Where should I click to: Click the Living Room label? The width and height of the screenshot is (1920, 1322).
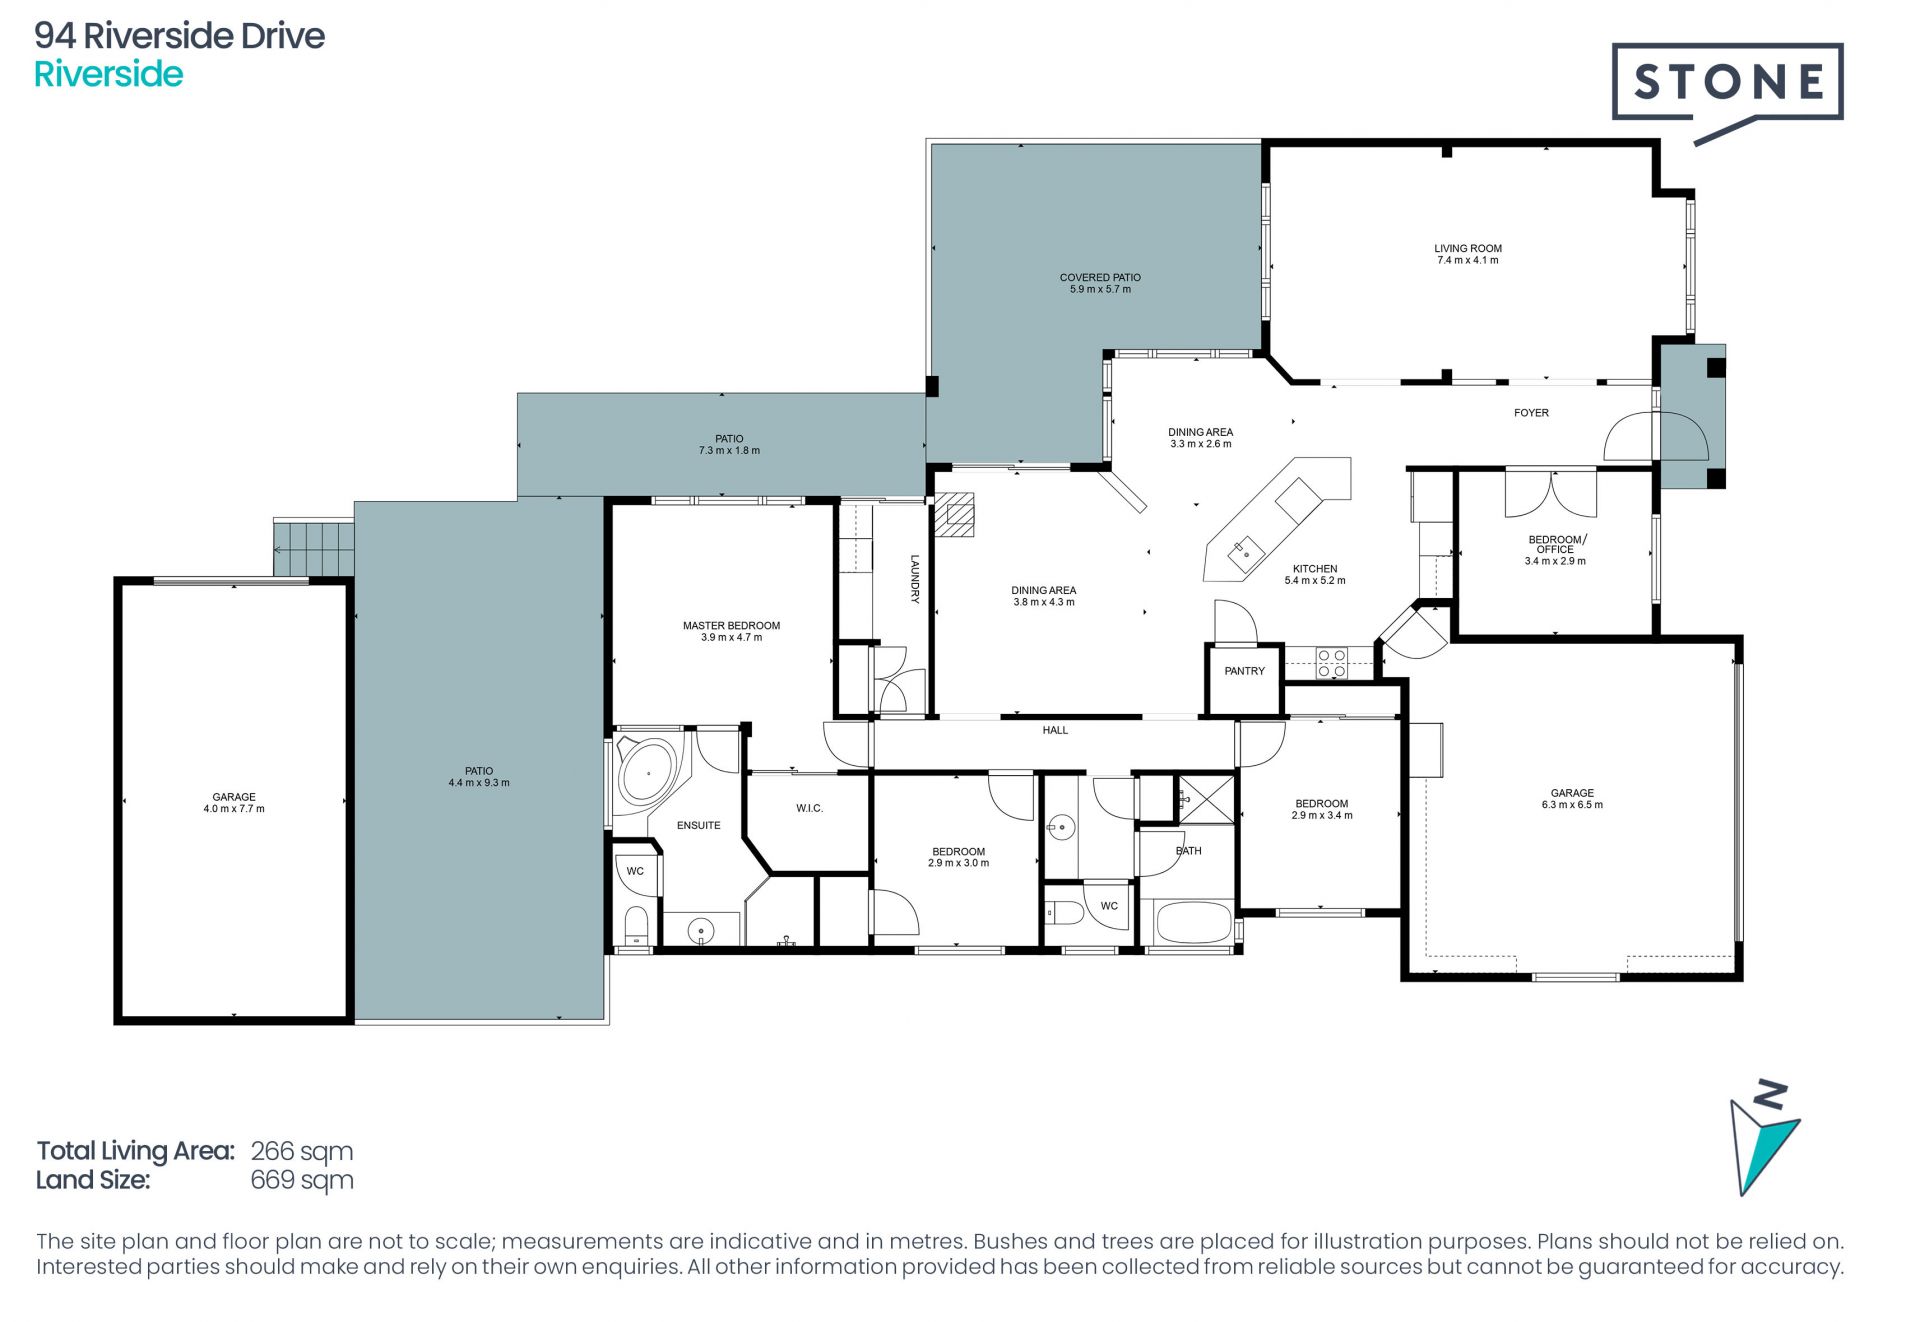[1468, 248]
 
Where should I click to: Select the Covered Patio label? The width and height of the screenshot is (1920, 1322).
[1100, 277]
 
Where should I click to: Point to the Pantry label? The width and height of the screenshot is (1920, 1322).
[1245, 671]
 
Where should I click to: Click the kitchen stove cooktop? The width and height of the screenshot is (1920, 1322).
[1331, 664]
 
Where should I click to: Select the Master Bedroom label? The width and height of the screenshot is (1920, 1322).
[731, 626]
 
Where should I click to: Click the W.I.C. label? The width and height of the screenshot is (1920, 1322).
[810, 808]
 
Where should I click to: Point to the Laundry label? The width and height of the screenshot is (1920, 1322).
[914, 579]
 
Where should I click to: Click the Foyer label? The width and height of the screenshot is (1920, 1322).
[1531, 413]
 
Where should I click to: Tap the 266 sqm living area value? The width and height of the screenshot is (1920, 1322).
[301, 1151]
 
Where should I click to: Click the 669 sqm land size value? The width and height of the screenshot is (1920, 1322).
[301, 1180]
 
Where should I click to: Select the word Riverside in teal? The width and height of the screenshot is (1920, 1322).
[109, 74]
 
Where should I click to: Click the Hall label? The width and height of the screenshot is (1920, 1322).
[1055, 730]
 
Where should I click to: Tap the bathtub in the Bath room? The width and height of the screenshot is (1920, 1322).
[1194, 922]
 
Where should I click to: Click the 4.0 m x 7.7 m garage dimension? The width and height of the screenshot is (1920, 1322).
[234, 809]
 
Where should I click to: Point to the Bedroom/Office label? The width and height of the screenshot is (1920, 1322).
[1556, 544]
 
